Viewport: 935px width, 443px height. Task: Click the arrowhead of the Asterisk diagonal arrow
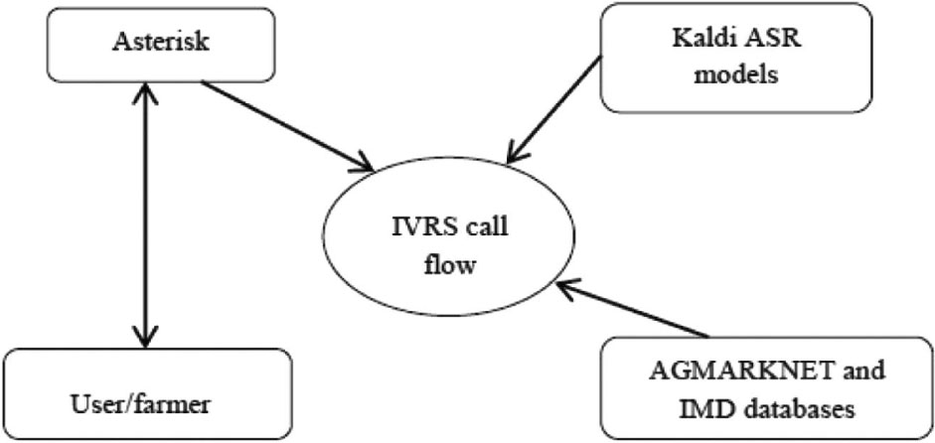[367, 162]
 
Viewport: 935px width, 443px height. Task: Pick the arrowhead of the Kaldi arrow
[514, 153]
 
